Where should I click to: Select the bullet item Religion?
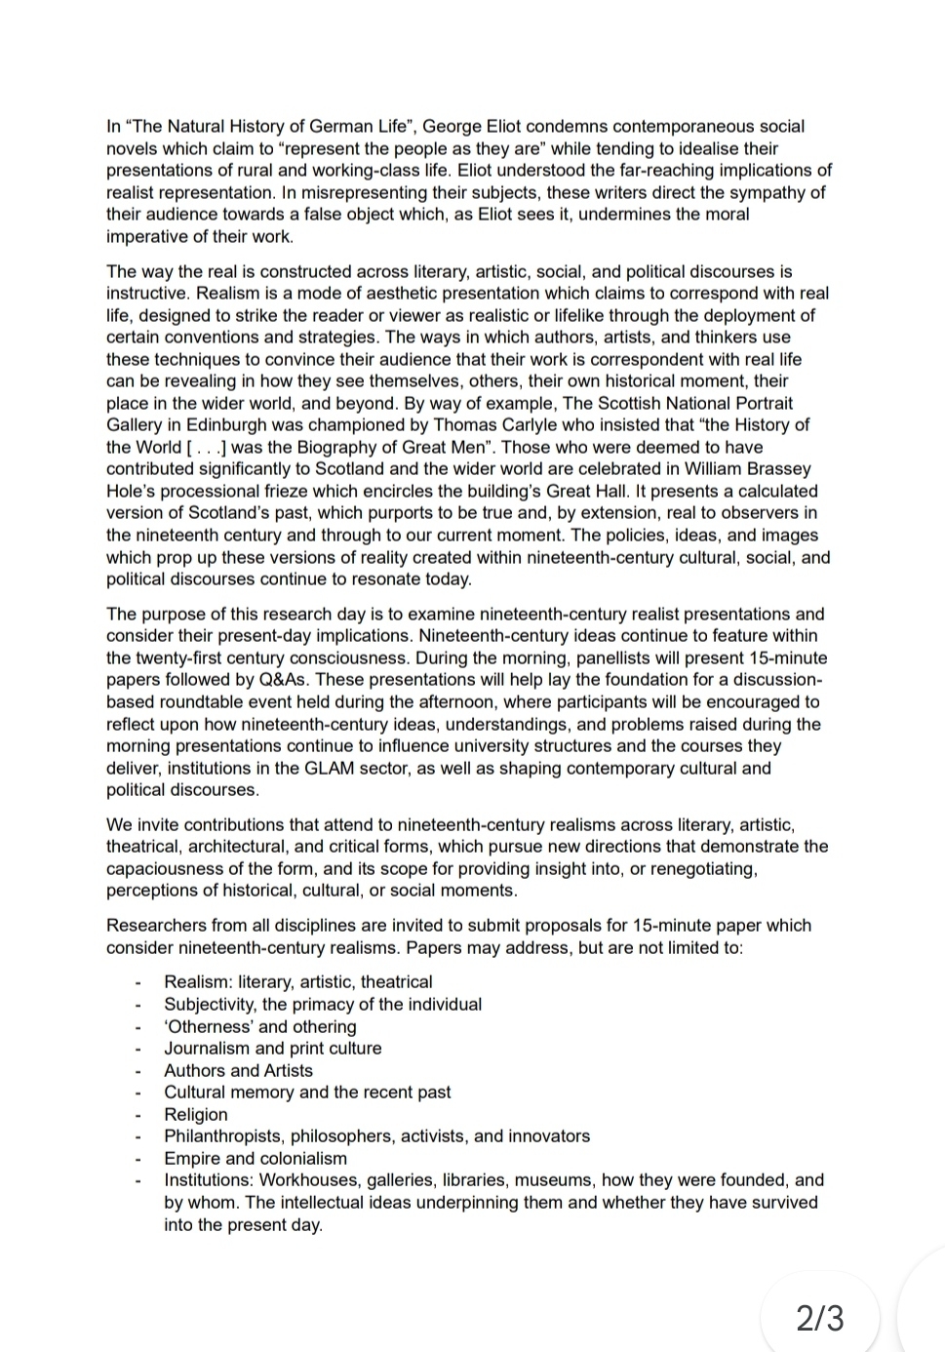pos(195,1114)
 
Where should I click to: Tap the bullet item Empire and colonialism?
pos(255,1158)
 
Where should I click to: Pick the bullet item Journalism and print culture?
pos(272,1048)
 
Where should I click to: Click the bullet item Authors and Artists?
pos(238,1070)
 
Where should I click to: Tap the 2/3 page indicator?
pos(820,1318)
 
